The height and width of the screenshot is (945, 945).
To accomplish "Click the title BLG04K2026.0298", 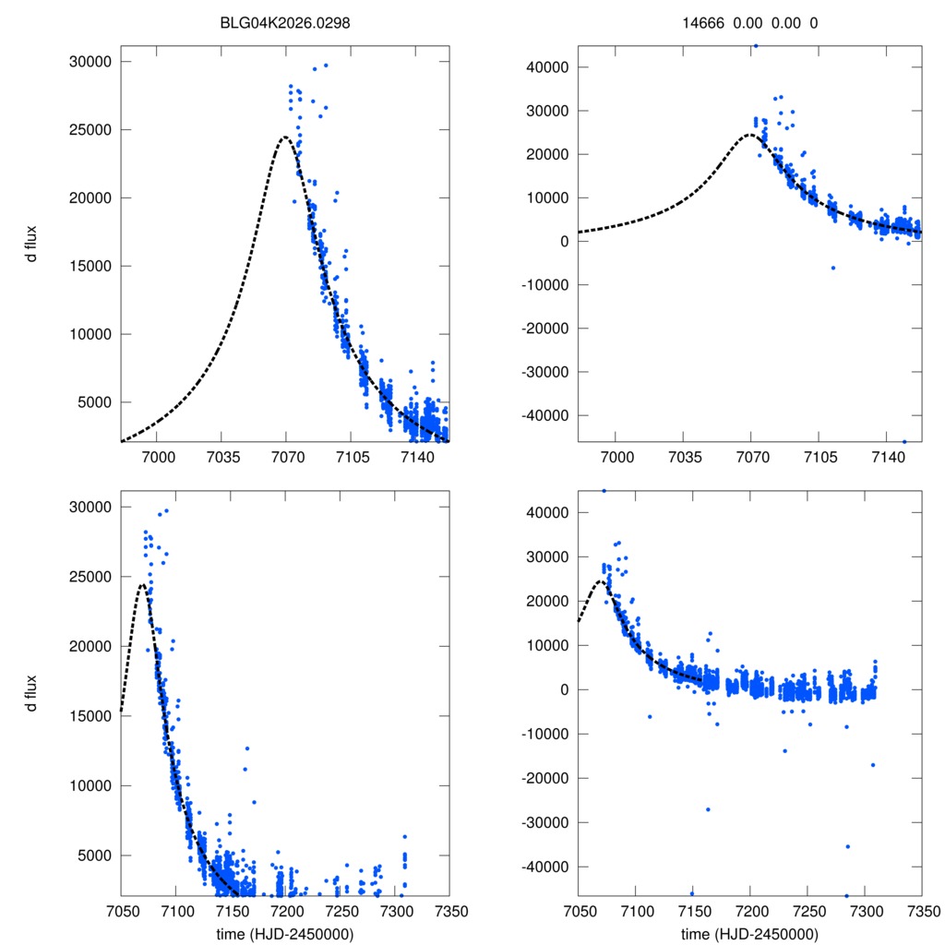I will (284, 24).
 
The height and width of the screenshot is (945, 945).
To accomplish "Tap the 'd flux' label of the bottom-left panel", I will (31, 692).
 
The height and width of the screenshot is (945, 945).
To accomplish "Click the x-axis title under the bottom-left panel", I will (284, 934).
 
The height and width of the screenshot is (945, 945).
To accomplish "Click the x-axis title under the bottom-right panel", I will (749, 934).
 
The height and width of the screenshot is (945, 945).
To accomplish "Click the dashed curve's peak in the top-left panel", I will (285, 138).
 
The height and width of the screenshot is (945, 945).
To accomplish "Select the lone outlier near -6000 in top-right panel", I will (832, 268).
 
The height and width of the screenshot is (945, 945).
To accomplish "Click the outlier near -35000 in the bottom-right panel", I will (848, 846).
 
